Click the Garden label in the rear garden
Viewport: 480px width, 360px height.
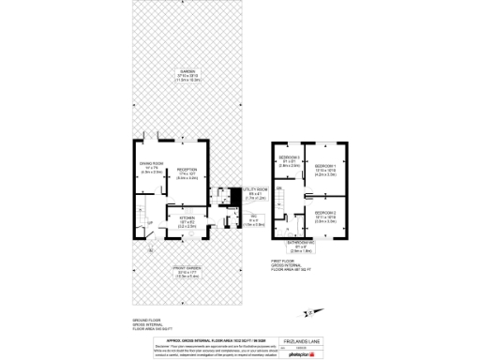pos(188,75)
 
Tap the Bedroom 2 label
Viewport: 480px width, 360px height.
pos(325,217)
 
